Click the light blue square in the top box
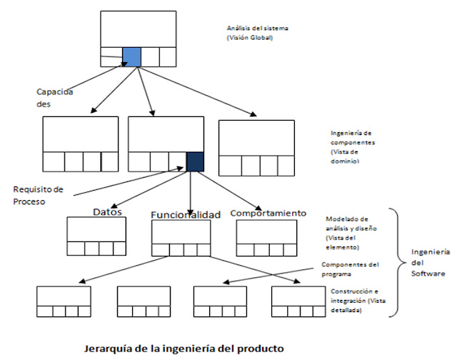click(131, 56)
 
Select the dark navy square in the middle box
click(194, 161)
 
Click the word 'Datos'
click(109, 211)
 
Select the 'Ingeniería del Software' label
click(431, 263)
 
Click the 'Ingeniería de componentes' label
click(353, 147)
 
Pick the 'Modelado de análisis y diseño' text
click(351, 227)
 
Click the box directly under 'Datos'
click(91, 235)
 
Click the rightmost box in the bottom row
click(298, 301)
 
